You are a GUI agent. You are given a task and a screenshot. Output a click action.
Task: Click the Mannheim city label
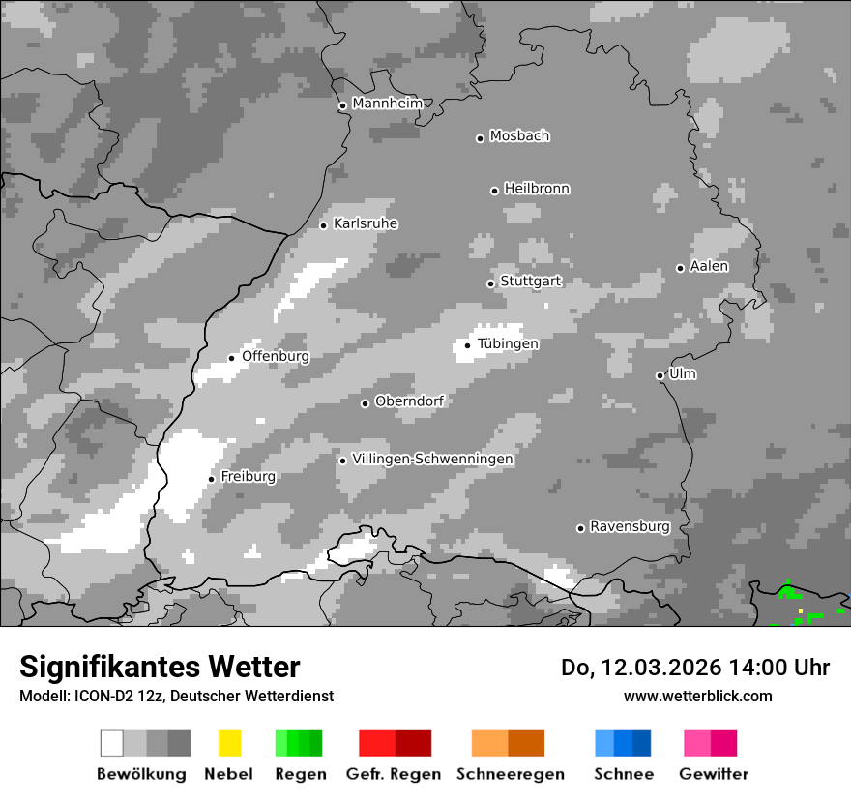(388, 104)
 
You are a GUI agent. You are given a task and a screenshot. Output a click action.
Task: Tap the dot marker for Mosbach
(480, 138)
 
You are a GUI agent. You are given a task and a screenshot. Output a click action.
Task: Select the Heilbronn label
(537, 189)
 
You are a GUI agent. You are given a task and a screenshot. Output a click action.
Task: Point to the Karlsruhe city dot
(324, 225)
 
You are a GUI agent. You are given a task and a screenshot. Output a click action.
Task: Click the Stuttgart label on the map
(530, 282)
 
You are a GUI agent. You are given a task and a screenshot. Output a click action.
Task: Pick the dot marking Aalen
(680, 268)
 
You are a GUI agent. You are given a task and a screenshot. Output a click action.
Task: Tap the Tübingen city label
(508, 343)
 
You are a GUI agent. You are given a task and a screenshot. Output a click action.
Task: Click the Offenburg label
(276, 356)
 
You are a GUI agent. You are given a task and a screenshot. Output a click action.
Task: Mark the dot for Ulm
(660, 375)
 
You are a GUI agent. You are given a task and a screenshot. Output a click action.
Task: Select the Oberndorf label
(409, 401)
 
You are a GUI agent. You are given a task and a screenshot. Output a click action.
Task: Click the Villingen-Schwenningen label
(432, 459)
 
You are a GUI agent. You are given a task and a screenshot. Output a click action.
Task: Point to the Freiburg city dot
(211, 479)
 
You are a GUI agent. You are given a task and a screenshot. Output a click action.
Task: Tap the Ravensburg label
(630, 526)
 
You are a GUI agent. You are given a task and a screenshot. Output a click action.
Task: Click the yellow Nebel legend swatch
(229, 743)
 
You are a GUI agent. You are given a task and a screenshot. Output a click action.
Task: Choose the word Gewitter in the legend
(714, 774)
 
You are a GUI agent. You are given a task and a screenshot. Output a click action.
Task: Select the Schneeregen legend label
(511, 774)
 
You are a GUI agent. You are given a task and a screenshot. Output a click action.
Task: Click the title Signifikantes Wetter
(160, 667)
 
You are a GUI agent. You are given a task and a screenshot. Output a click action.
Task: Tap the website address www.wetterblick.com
(697, 696)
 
